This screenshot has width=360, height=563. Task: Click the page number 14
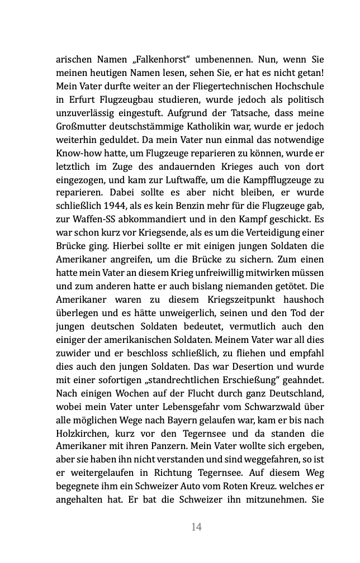click(196, 527)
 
